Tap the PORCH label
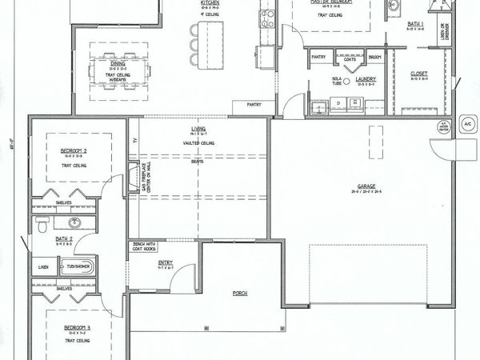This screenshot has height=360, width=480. click(240, 294)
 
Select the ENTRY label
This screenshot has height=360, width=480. click(165, 262)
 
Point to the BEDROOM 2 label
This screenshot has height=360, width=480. click(75, 150)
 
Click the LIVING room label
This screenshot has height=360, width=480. click(198, 128)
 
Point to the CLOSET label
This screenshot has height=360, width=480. click(419, 74)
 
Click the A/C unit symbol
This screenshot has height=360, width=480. click(468, 126)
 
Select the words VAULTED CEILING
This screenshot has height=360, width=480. click(198, 142)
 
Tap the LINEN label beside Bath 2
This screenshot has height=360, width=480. click(42, 268)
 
